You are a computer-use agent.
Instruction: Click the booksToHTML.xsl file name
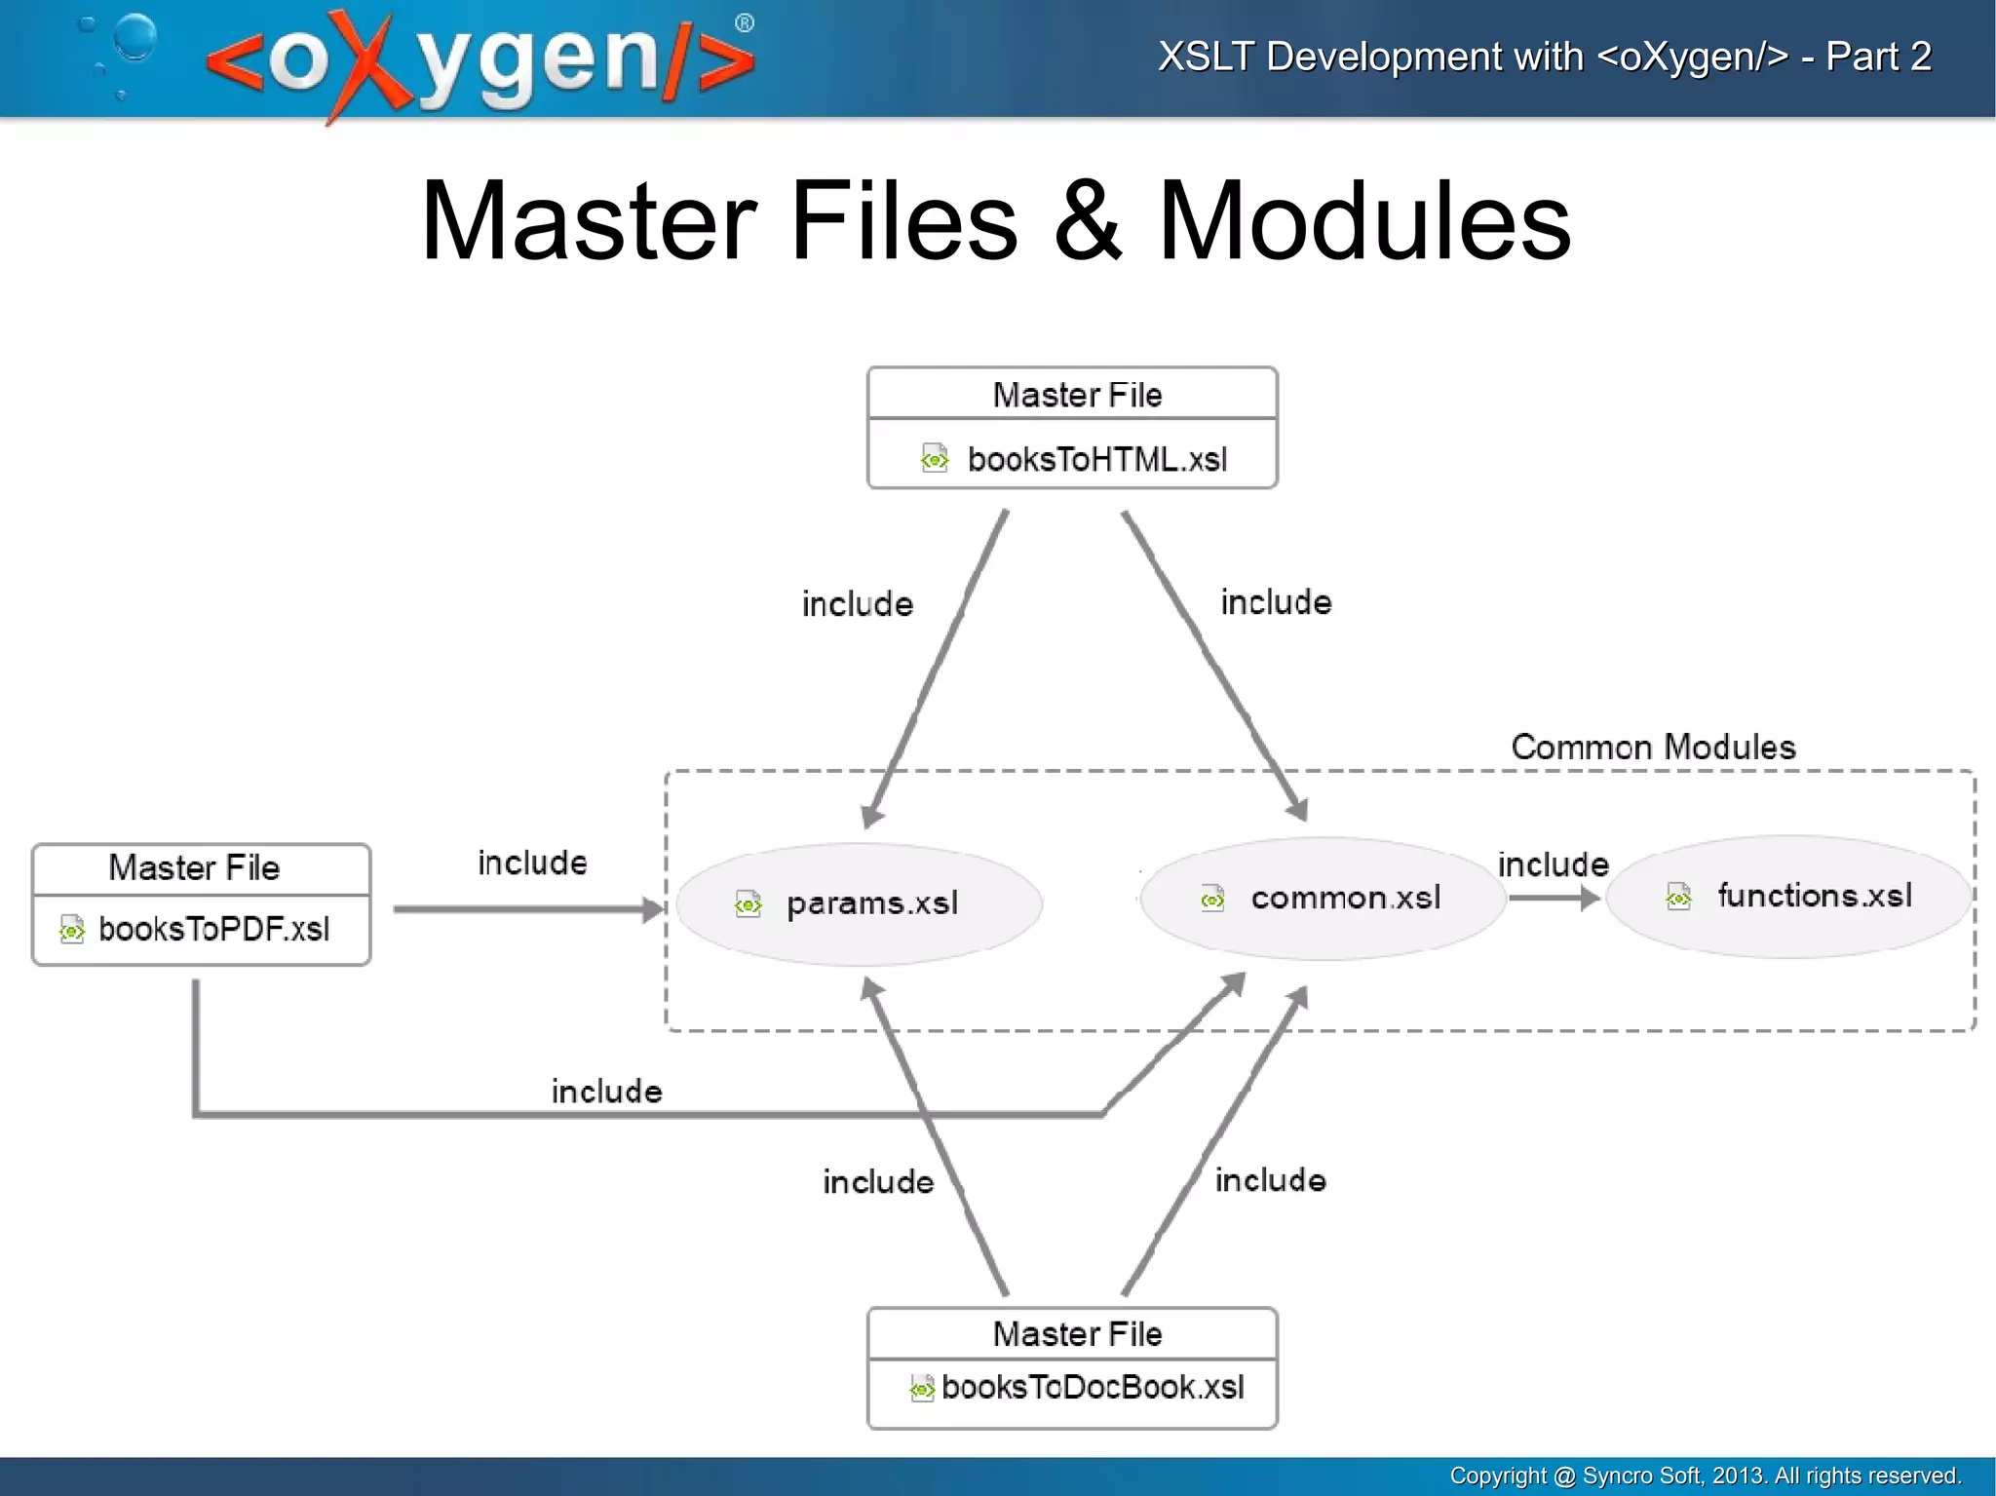1096,459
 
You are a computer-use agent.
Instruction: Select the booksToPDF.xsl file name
213,929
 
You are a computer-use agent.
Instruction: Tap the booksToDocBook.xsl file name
1093,1387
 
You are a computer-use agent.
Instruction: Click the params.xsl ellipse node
860,904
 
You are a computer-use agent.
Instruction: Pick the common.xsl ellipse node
1323,899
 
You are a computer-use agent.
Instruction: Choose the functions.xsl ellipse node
1789,897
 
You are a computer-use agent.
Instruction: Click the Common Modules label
1653,748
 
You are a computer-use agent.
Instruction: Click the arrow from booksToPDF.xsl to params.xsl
526,909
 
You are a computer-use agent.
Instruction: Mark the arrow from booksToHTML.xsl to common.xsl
1213,663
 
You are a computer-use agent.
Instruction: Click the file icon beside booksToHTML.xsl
934,458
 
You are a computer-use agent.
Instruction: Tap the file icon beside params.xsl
748,904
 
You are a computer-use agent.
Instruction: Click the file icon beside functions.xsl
1678,896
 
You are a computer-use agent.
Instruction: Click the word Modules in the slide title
1363,222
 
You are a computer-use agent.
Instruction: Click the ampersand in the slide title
1087,222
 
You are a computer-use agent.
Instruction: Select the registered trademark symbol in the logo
745,23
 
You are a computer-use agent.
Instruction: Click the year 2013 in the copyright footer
1738,1476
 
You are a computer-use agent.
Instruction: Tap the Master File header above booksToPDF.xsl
195,867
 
